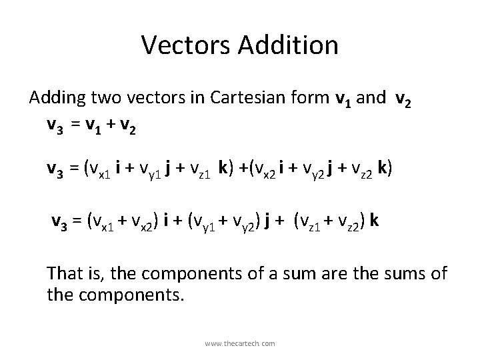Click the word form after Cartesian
[x=312, y=99]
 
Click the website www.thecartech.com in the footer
[x=240, y=343]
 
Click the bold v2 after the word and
[x=402, y=100]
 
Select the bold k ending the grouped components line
[x=375, y=221]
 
